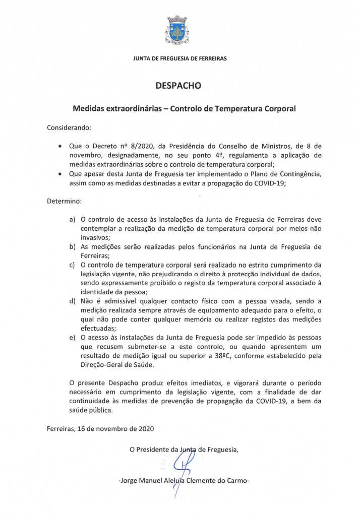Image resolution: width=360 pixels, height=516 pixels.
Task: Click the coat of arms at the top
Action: [177, 31]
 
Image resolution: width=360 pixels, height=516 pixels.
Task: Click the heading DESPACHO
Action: [179, 86]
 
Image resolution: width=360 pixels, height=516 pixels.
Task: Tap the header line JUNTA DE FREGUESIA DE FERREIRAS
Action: [180, 58]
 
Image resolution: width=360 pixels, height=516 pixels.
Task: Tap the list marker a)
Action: [72, 220]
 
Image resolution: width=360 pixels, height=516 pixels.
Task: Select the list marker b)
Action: [72, 247]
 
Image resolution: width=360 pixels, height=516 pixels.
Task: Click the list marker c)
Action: [72, 265]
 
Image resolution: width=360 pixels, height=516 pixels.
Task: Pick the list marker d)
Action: [72, 301]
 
